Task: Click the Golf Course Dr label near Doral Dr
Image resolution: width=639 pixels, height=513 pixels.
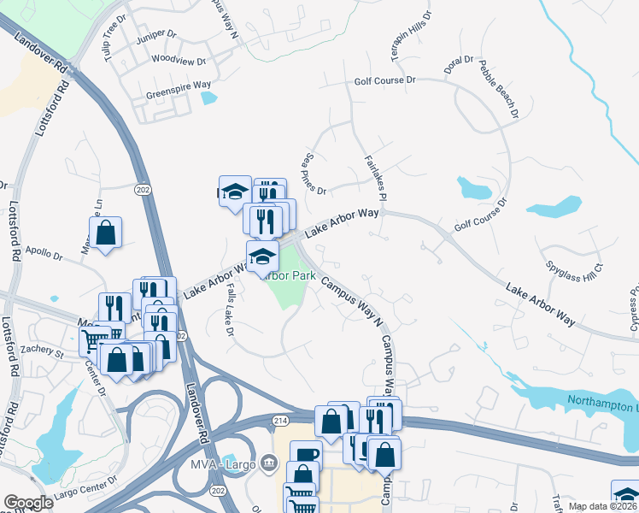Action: tap(384, 80)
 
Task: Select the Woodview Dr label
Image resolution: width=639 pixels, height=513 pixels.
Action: tap(179, 61)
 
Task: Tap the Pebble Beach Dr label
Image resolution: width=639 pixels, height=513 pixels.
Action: tap(498, 88)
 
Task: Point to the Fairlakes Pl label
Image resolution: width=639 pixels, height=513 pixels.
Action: tap(375, 178)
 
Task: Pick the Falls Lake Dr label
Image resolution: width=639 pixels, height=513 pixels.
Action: tap(230, 310)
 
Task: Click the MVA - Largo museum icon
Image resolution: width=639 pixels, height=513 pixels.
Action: tap(270, 464)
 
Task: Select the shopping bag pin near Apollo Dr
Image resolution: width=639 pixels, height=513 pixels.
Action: tap(105, 233)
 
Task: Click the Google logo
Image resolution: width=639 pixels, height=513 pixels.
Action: tap(28, 503)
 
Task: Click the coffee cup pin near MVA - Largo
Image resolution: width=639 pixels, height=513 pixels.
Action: tap(305, 455)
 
